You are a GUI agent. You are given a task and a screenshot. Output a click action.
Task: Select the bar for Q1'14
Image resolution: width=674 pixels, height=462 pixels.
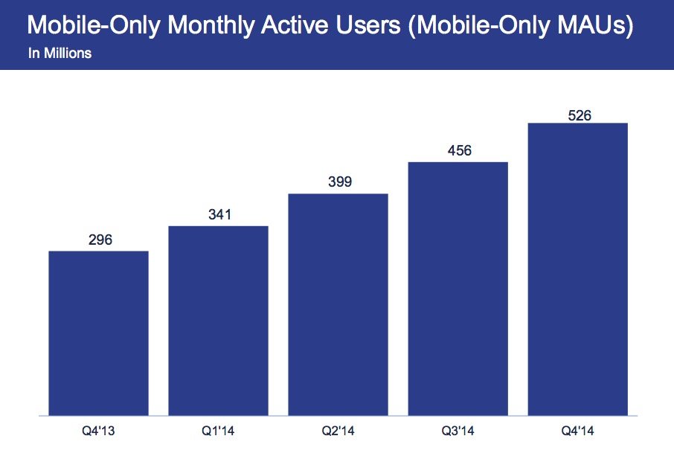(x=218, y=320)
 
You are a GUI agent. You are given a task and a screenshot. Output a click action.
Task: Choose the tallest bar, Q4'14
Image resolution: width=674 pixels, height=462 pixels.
(x=577, y=269)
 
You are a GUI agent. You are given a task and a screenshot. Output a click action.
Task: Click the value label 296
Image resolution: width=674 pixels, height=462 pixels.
(x=98, y=240)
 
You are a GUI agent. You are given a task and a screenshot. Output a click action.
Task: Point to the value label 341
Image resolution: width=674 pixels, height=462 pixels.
(x=218, y=215)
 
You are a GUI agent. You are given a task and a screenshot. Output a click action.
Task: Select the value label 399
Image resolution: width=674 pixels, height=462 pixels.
(x=338, y=182)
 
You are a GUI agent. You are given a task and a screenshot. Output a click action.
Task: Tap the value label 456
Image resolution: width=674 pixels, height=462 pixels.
(x=458, y=151)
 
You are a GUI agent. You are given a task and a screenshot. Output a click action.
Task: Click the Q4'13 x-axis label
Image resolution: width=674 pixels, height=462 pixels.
(x=98, y=431)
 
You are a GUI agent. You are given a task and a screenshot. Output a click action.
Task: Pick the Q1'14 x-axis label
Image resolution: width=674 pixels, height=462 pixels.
(x=218, y=431)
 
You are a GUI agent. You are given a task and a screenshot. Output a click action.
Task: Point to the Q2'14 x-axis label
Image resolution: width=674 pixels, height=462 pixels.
(x=338, y=431)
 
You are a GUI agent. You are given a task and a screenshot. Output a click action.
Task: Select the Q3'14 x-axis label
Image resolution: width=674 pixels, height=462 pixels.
(x=458, y=431)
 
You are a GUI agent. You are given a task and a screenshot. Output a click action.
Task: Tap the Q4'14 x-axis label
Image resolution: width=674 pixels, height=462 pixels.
(x=577, y=431)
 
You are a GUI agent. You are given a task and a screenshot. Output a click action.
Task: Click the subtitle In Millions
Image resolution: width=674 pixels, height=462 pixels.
(x=60, y=54)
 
